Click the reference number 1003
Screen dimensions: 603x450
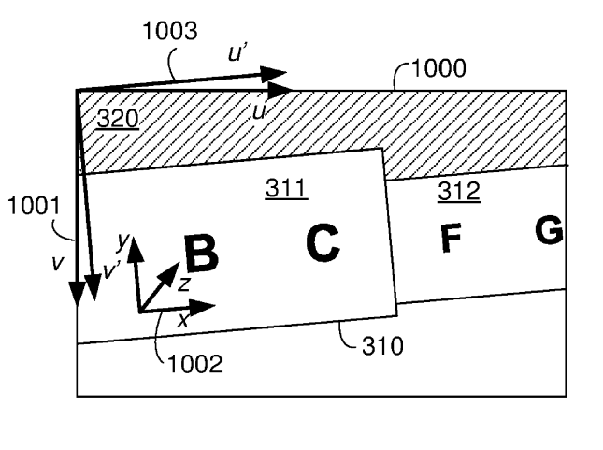coord(170,31)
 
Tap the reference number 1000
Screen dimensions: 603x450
coord(438,68)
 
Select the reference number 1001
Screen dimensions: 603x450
coord(34,205)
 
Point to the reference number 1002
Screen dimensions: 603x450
coord(195,363)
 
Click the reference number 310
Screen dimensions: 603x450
coord(383,345)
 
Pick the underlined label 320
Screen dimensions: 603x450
coord(118,119)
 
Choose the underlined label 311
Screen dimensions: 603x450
coord(286,188)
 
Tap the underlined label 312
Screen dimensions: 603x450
coord(459,191)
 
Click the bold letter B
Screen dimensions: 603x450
coord(201,254)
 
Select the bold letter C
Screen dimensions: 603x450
coord(323,243)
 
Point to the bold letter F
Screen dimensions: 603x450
coord(451,239)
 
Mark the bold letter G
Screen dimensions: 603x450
coord(549,230)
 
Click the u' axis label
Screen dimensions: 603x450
coord(237,52)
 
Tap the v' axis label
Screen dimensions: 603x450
coord(111,270)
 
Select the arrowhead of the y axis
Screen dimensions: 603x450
coord(135,249)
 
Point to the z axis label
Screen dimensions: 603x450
coord(184,284)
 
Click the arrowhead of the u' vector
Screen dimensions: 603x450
coord(273,74)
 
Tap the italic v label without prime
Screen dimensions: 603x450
coord(58,263)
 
